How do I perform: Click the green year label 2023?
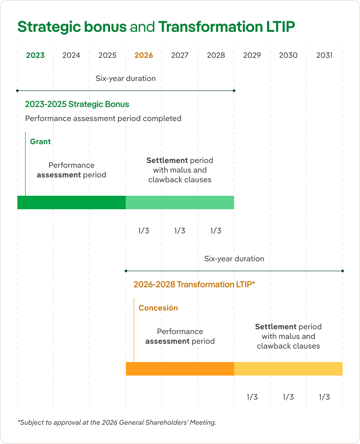point(35,55)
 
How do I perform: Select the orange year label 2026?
point(144,55)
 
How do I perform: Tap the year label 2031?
point(324,55)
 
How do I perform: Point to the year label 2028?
point(216,55)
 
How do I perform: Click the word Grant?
point(40,142)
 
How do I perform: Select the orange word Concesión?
point(158,308)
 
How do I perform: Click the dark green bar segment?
point(71,202)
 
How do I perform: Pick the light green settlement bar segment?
point(180,202)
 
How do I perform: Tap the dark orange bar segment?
point(180,369)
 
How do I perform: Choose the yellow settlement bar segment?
point(288,369)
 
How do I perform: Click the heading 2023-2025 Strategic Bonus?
point(77,104)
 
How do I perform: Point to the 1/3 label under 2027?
point(180,231)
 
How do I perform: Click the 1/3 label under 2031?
point(324,397)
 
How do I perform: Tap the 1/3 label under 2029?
point(252,397)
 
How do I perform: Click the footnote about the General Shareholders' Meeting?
point(117,422)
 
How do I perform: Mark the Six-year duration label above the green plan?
point(125,79)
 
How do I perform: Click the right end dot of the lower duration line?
point(343,271)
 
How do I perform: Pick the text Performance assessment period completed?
point(103,119)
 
